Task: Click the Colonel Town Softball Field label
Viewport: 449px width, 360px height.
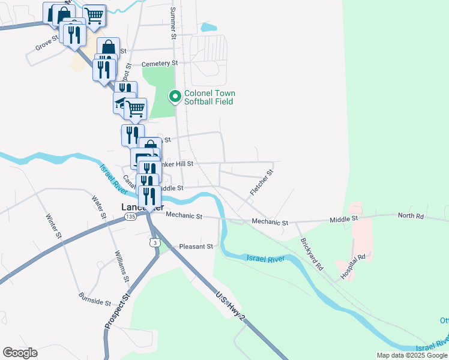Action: [209, 97]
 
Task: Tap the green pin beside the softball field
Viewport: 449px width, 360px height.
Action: [175, 96]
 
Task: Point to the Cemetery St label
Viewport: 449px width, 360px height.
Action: [160, 63]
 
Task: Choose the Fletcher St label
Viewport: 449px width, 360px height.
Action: [261, 182]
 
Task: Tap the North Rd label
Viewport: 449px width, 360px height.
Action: [411, 215]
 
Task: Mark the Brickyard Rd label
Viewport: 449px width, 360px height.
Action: [312, 254]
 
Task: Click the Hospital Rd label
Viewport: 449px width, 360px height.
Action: [354, 266]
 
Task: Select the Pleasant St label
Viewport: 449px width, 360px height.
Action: [197, 247]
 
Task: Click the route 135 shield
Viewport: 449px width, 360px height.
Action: [130, 217]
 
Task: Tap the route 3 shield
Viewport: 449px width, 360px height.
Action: [155, 241]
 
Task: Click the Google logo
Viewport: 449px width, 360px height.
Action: [20, 353]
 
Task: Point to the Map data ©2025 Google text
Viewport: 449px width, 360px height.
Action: [412, 355]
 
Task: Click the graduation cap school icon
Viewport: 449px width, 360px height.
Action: [122, 103]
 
